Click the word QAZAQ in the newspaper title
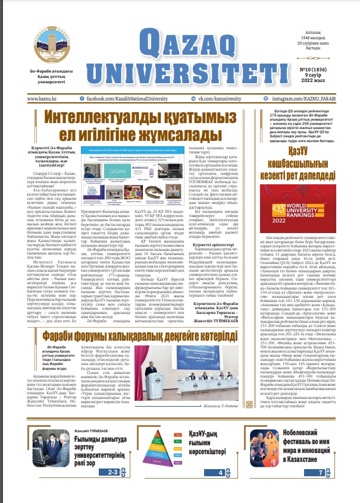[197, 40]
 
